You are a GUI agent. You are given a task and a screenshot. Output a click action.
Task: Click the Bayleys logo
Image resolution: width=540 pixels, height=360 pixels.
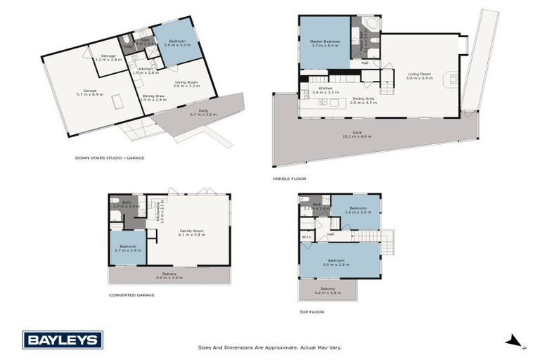[63, 340]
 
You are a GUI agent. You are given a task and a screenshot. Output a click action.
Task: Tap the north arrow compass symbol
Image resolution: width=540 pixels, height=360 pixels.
[515, 342]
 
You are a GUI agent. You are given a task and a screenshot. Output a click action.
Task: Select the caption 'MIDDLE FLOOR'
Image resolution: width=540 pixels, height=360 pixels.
[289, 179]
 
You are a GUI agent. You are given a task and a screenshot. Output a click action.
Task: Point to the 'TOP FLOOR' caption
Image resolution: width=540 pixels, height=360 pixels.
[311, 311]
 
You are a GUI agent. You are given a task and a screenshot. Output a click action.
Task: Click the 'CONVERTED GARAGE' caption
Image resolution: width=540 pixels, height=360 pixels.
[131, 295]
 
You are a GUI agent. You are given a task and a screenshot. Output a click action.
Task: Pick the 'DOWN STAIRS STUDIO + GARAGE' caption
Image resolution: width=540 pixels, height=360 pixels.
[109, 157]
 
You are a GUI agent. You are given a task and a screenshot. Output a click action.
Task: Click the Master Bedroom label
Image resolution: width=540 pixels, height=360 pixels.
[325, 44]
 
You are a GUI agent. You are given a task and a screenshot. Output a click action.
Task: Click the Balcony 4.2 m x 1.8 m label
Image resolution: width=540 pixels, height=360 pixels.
[328, 290]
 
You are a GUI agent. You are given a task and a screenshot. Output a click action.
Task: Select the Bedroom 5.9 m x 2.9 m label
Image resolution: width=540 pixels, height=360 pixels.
[339, 262]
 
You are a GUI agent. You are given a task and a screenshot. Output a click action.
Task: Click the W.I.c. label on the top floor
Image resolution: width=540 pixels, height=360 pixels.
[307, 237]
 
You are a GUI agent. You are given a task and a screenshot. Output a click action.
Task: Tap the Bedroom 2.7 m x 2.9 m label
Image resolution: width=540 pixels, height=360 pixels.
[127, 248]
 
